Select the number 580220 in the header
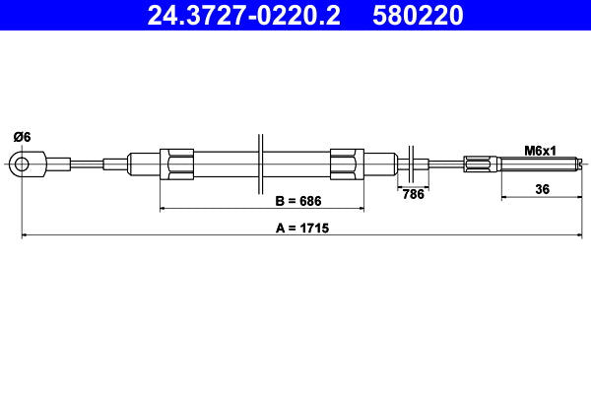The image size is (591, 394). coord(418,15)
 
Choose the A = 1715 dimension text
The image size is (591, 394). coord(302,228)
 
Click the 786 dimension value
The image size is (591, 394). coord(414,194)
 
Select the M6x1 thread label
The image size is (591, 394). coord(540,151)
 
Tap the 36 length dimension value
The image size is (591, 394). coord(542,189)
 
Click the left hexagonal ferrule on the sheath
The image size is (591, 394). coord(176,164)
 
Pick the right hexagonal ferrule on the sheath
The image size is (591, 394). coord(347,164)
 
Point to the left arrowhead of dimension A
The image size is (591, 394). coord(25,236)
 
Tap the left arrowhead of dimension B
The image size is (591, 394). coord(164,210)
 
